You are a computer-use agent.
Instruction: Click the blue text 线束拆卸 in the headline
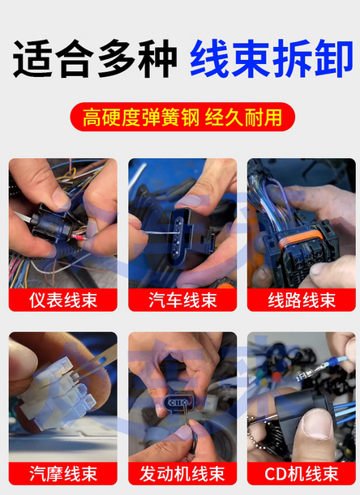coord(271,58)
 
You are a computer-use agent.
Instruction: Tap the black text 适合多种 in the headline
coord(95,58)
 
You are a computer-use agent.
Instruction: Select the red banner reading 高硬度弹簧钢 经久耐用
coord(182,117)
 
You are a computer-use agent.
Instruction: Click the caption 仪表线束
coord(63,300)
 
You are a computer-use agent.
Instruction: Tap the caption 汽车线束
coord(182,300)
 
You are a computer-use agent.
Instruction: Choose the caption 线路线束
coord(302,300)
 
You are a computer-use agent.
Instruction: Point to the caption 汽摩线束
coord(63,474)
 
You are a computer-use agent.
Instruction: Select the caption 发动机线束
coord(182,474)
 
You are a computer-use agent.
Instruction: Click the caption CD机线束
coord(302,474)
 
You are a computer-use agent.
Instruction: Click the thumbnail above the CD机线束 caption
coord(302,397)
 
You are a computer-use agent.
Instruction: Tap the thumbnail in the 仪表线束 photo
coord(63,223)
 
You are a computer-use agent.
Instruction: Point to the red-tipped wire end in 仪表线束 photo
coord(79,237)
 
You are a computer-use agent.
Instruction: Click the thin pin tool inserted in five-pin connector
coord(158,233)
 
